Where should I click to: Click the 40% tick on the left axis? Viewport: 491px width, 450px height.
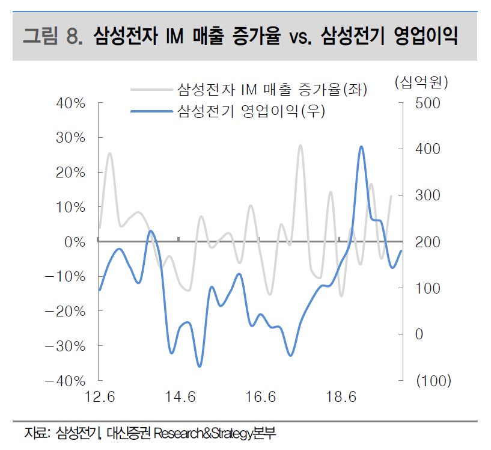click(71, 103)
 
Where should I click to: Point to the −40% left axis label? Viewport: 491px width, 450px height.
click(66, 381)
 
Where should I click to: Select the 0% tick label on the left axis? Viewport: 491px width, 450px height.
click(75, 242)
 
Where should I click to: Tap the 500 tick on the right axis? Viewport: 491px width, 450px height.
click(428, 103)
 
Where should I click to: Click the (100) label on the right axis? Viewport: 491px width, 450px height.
click(433, 381)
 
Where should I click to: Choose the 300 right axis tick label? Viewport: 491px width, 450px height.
click(428, 196)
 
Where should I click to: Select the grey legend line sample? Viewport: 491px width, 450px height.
click(151, 90)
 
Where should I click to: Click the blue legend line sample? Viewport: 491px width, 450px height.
click(151, 111)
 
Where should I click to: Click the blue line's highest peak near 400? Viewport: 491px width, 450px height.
click(361, 146)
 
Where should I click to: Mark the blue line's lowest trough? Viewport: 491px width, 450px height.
click(200, 366)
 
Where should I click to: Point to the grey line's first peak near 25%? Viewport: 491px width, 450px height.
click(110, 153)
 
